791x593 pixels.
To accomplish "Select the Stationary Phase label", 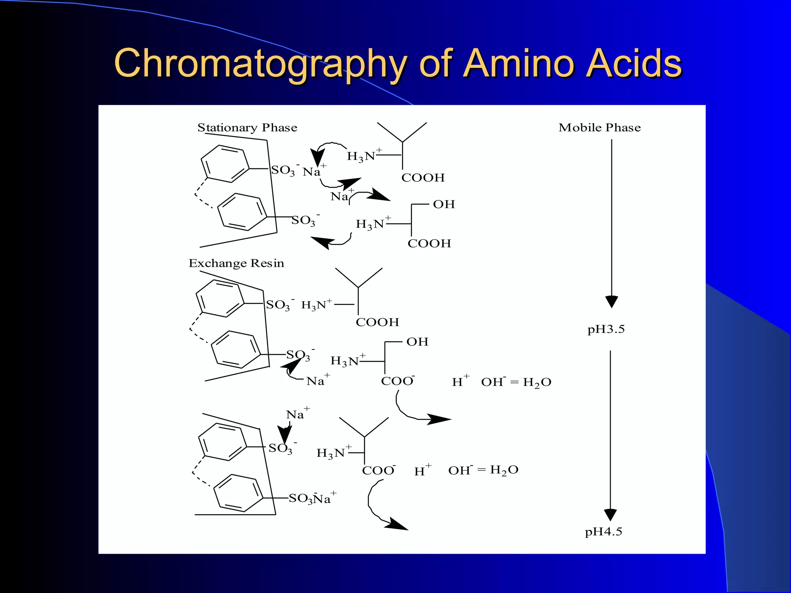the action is tap(247, 128).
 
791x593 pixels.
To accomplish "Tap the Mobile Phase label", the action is tap(599, 128).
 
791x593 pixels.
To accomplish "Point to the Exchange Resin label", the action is tap(236, 263).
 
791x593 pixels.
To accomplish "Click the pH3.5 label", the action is tap(606, 329).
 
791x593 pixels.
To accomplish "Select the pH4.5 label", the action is tap(603, 532).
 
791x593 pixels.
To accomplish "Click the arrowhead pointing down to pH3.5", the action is tap(611, 301).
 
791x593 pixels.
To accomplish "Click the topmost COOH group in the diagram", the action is tap(423, 178).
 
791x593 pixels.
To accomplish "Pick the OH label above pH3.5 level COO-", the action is tap(417, 342).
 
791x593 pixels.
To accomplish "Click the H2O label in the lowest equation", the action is tap(504, 470).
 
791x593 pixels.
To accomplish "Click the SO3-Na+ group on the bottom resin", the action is tap(312, 498).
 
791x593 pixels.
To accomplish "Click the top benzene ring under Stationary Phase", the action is tap(225, 163).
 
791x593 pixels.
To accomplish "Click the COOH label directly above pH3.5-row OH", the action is tap(377, 322).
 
